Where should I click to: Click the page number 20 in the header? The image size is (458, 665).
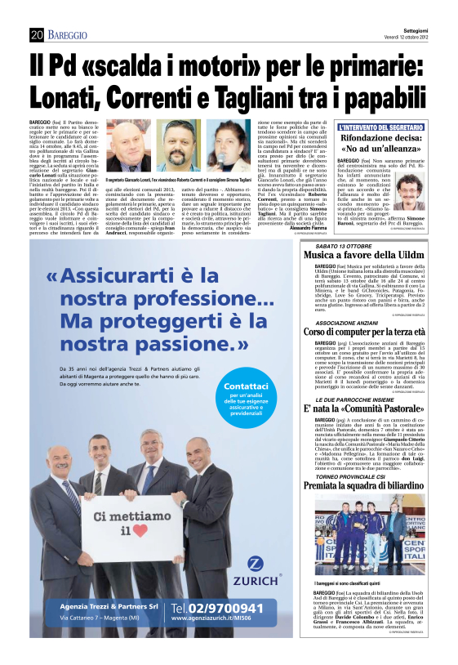pos(36,34)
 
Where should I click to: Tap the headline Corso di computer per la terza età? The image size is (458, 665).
pos(375,332)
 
